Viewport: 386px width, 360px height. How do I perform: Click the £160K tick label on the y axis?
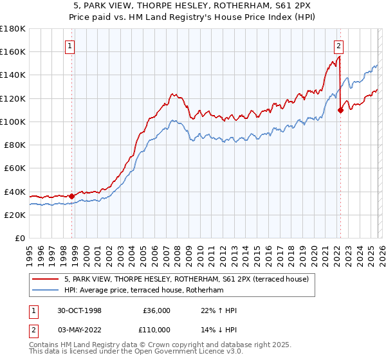point(12,51)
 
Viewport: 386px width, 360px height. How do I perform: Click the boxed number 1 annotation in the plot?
point(69,45)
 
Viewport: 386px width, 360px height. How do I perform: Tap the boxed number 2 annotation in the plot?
point(338,45)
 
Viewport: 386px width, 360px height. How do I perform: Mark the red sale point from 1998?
point(72,196)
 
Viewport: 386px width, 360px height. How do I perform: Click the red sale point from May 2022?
point(340,110)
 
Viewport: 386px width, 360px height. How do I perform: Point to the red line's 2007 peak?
point(172,94)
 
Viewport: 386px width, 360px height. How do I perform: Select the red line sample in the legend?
point(46,279)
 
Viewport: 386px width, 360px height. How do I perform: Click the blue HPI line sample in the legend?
point(46,291)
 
